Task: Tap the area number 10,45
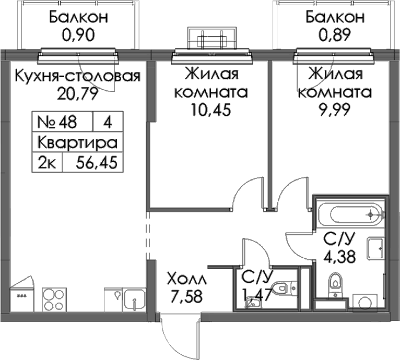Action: (x=211, y=110)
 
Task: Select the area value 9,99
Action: (x=335, y=110)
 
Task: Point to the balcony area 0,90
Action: (x=78, y=35)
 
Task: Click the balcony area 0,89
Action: (x=335, y=35)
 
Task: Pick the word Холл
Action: (x=186, y=279)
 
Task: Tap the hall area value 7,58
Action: (x=186, y=296)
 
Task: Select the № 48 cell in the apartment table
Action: (x=57, y=122)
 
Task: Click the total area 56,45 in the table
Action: (x=97, y=162)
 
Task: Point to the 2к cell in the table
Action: (x=47, y=162)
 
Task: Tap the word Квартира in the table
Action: (x=78, y=143)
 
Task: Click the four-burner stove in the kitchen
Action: (x=53, y=299)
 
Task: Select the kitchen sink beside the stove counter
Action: (x=134, y=299)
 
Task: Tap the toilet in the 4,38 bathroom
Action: (x=335, y=285)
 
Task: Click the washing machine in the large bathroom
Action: (x=364, y=303)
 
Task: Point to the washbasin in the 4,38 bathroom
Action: (x=376, y=248)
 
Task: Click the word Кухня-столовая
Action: (x=78, y=76)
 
